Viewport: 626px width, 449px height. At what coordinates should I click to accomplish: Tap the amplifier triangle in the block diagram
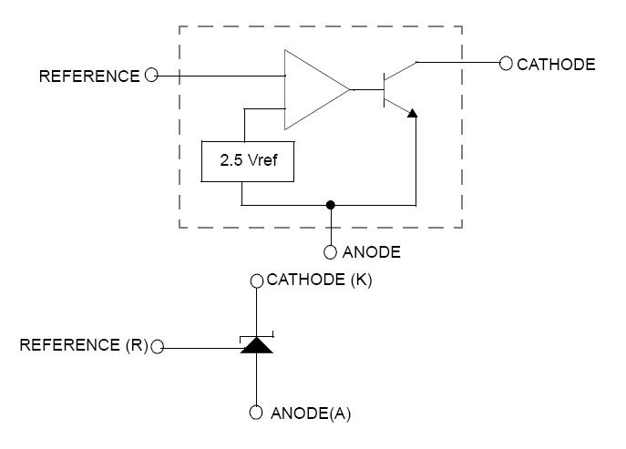(311, 89)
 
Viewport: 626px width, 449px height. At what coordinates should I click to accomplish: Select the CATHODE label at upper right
(556, 64)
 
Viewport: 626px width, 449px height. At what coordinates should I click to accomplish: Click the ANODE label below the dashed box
(371, 251)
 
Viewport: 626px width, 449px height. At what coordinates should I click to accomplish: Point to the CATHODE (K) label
(319, 281)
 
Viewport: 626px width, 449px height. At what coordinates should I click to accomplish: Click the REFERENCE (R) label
(84, 346)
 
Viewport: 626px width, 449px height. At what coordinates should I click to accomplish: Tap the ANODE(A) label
(311, 413)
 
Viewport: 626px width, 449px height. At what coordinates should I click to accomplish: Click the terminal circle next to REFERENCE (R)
(158, 347)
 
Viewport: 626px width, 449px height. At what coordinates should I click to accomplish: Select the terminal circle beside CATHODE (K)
(257, 281)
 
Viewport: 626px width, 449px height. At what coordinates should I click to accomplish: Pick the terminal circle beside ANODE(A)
(257, 413)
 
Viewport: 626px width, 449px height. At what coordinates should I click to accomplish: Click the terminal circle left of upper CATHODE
(506, 64)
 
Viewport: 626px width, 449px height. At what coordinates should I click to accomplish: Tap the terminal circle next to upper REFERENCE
(151, 76)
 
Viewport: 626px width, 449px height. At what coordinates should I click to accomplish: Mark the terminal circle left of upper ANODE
(331, 251)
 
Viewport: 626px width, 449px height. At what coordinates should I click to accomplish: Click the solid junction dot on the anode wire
(331, 205)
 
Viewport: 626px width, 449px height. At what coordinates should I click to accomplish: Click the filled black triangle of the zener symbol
(257, 345)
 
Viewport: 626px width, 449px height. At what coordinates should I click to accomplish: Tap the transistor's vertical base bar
(383, 89)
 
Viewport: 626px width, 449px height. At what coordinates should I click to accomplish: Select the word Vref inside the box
(262, 161)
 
